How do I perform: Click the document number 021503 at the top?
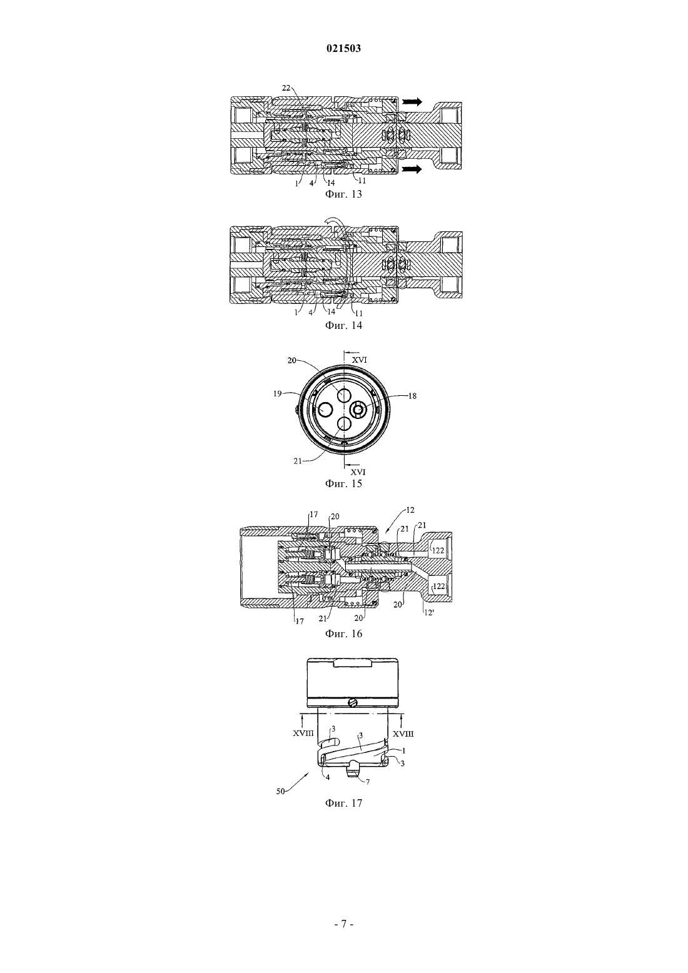[343, 49]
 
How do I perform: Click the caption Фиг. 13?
[343, 194]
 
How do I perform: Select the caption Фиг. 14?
[343, 325]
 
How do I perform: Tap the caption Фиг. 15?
[343, 483]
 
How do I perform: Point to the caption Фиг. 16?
[343, 633]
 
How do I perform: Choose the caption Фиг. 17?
[343, 803]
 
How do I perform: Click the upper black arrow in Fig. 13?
[412, 102]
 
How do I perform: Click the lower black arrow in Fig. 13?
[412, 169]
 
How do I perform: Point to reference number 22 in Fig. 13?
[286, 88]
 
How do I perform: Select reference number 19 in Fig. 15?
[278, 394]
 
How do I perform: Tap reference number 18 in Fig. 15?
[412, 396]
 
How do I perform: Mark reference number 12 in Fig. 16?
[410, 510]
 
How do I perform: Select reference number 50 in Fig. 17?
[281, 792]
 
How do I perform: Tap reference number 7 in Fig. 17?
[368, 782]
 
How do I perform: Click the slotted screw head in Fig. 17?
[353, 702]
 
